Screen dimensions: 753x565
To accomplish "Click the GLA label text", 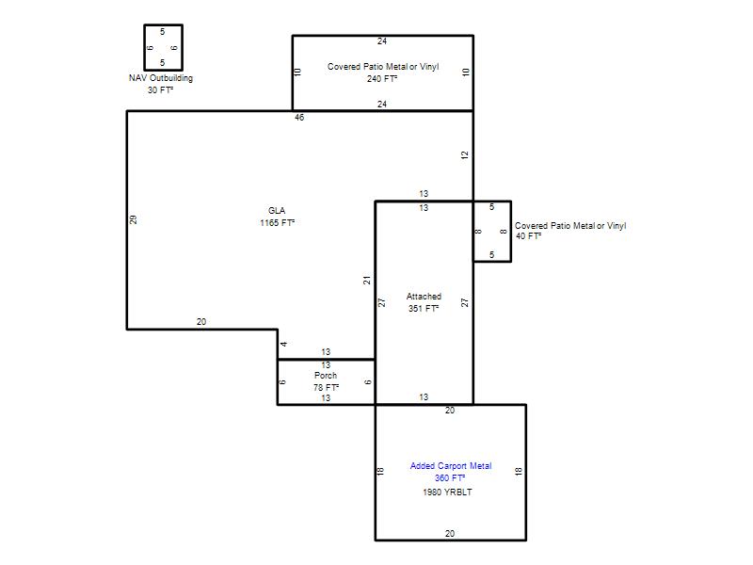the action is click(x=277, y=210).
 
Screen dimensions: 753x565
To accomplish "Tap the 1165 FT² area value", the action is click(x=277, y=222).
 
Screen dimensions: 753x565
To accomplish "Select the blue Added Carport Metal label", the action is click(x=451, y=465).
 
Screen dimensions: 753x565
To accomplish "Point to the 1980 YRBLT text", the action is click(x=447, y=492).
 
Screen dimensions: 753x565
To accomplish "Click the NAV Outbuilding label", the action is click(x=161, y=78).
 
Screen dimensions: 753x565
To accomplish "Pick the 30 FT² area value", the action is click(x=160, y=89).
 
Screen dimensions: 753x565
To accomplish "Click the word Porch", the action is click(x=326, y=375).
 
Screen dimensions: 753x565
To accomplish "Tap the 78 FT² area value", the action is click(x=326, y=387).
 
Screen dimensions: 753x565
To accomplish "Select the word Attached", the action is click(x=424, y=297).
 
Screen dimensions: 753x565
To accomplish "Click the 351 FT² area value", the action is click(x=424, y=309).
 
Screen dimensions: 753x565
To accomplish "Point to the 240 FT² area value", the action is click(x=382, y=78).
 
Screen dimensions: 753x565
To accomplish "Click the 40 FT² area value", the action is click(x=529, y=236).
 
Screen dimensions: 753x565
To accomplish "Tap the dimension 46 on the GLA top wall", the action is click(x=299, y=117).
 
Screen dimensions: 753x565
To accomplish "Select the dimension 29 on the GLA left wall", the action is click(x=133, y=219).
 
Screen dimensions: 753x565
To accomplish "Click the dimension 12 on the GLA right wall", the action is click(x=464, y=155).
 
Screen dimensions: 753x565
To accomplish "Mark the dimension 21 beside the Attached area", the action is click(x=367, y=280).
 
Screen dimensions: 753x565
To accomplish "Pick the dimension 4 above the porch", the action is click(x=284, y=344).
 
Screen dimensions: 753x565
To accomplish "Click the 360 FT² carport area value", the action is click(x=450, y=478).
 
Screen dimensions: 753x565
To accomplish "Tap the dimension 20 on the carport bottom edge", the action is click(x=450, y=533).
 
